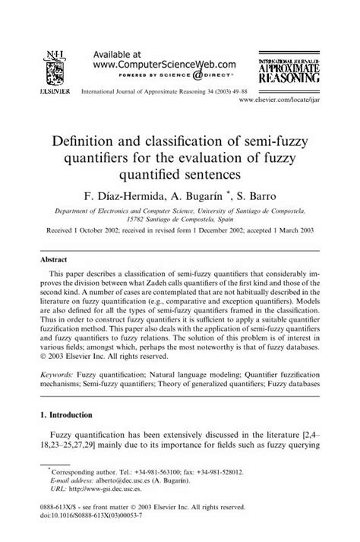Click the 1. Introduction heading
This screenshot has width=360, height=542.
click(x=75, y=416)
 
